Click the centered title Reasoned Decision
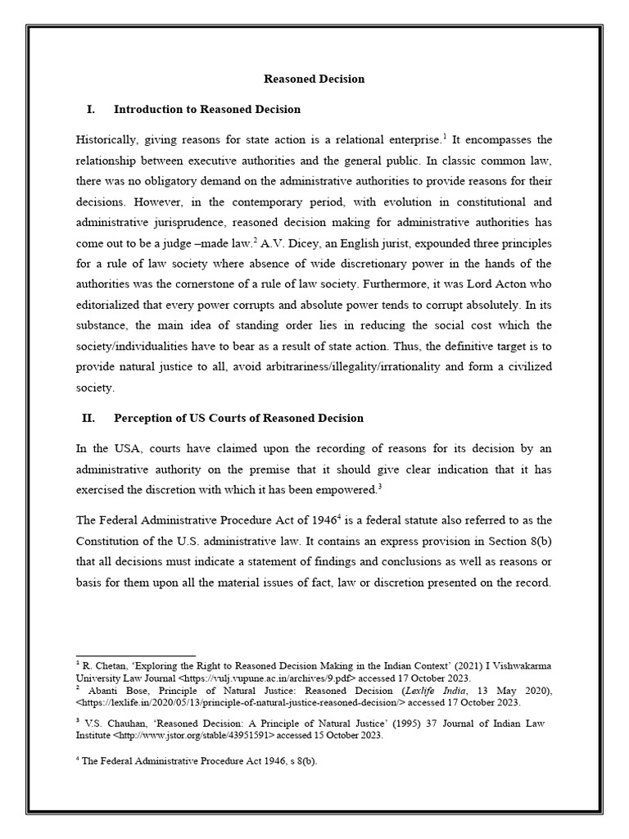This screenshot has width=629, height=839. tap(314, 79)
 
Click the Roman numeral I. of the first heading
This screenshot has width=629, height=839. tap(90, 109)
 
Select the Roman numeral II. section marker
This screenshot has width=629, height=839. tap(88, 418)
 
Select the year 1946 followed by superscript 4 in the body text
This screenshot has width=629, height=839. tap(318, 520)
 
